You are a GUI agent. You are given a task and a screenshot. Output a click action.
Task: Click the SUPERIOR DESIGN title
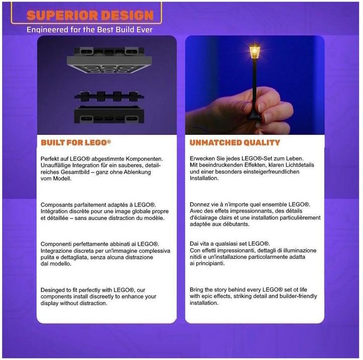(x=90, y=15)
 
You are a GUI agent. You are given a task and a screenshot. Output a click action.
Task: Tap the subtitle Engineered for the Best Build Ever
(x=90, y=30)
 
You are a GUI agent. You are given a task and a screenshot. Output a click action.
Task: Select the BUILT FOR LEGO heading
(x=76, y=142)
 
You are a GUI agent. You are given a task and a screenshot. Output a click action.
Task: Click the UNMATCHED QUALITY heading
(x=235, y=142)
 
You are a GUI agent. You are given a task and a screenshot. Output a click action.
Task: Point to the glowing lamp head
(x=255, y=53)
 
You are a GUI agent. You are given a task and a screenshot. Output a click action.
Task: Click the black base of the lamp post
(x=254, y=116)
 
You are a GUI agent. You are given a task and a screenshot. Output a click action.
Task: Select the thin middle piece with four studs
(x=109, y=96)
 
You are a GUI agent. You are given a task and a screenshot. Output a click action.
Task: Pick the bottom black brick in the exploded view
(x=109, y=115)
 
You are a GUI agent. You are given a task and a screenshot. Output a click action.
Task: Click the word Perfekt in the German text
(x=48, y=159)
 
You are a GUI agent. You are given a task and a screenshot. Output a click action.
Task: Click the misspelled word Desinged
(x=52, y=290)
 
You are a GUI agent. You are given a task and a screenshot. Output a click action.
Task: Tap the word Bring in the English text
(x=196, y=290)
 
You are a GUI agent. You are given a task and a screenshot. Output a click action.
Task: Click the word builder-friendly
(x=298, y=296)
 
